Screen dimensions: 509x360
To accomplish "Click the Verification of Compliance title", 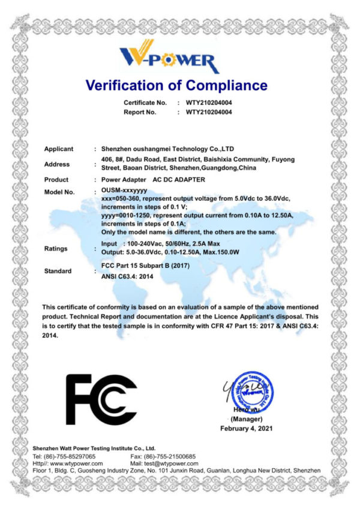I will [x=176, y=85].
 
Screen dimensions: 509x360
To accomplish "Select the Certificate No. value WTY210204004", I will [x=209, y=103].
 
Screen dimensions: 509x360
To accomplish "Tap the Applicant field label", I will [x=59, y=149].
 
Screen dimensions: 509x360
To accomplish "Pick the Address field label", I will [x=57, y=164].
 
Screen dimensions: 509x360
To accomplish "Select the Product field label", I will [x=56, y=180].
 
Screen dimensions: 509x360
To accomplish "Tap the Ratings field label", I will [x=56, y=248].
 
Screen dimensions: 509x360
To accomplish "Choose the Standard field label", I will [x=58, y=271].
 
